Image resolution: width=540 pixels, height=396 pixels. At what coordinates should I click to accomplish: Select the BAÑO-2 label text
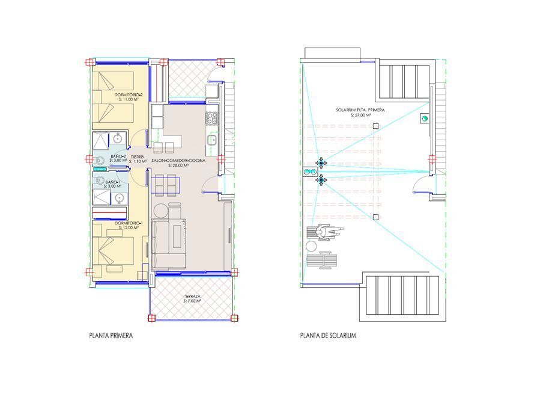coord(118,158)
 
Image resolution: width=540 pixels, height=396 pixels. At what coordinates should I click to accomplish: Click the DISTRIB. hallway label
coord(139,158)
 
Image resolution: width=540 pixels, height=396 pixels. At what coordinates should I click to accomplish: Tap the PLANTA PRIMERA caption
coord(111,335)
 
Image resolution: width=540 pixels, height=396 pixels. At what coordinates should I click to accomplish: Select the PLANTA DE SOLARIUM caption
coord(328,335)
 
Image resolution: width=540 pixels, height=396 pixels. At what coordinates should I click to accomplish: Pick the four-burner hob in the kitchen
coord(211,117)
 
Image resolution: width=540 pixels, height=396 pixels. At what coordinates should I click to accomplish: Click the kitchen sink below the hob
coord(211,140)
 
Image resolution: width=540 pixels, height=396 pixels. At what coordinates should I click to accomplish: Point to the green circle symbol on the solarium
coord(424,119)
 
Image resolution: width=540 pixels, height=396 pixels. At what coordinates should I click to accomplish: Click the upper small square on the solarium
coord(375,126)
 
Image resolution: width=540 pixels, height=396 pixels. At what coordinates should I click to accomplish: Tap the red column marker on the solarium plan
coord(432,159)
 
